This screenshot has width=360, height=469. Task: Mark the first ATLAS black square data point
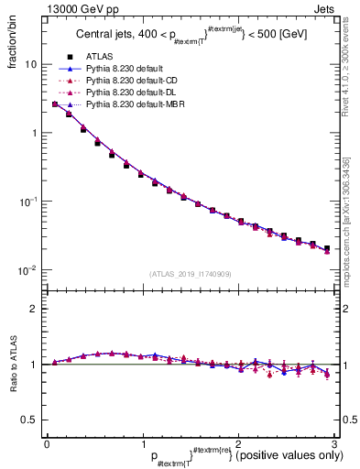pos(55,104)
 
